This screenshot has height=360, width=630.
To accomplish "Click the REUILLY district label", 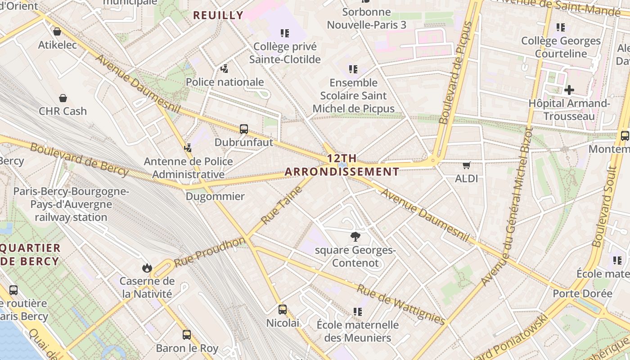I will click(218, 15).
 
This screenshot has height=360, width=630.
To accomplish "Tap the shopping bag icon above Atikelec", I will click(57, 31).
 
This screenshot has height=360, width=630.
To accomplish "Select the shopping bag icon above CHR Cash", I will click(63, 98).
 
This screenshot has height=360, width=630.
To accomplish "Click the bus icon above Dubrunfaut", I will click(244, 129).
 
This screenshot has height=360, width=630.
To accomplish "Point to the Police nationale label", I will click(225, 82).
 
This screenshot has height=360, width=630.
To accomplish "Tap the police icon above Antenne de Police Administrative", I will click(188, 148).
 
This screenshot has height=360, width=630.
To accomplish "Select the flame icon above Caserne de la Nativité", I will click(147, 268).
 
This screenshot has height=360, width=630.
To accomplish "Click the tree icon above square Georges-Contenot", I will click(355, 237).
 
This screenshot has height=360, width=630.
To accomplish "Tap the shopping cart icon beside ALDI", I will click(467, 166).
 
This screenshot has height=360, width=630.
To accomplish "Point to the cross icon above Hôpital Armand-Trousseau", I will click(569, 90).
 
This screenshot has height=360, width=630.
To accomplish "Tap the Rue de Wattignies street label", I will click(401, 304).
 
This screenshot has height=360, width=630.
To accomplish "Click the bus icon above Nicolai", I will click(283, 310).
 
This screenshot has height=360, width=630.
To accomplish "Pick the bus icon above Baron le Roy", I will click(187, 335).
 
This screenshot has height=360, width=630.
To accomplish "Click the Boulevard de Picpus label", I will click(456, 73).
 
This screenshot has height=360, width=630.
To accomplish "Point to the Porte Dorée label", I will click(583, 293).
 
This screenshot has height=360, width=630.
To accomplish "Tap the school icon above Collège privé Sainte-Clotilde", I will click(285, 33).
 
